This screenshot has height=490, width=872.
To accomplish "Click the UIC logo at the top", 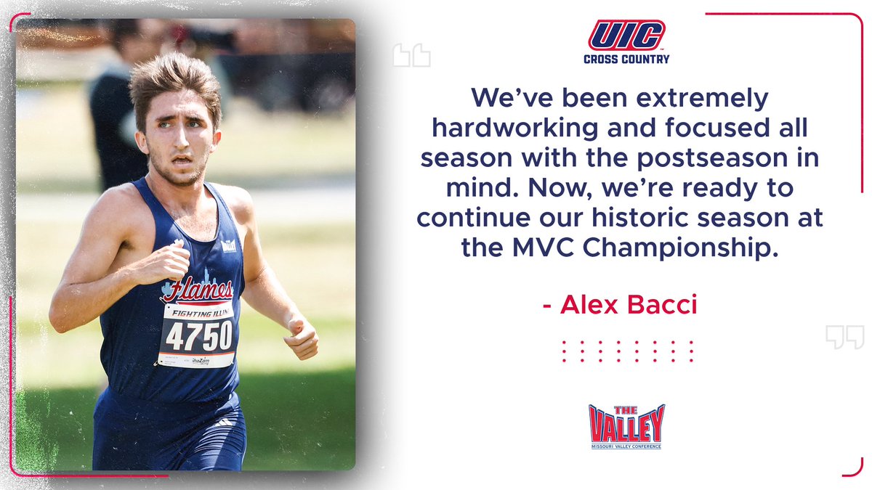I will [626, 36].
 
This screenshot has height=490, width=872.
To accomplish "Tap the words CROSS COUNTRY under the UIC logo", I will [626, 60].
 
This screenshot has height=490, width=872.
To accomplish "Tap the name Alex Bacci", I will [629, 305].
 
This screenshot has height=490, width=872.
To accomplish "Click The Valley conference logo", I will [626, 426].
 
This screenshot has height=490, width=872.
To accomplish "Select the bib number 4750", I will [198, 335].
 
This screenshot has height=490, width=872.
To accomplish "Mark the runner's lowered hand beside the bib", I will [302, 337].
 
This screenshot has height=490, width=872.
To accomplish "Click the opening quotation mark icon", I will [411, 55].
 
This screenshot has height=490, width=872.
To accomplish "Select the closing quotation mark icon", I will [844, 337].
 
